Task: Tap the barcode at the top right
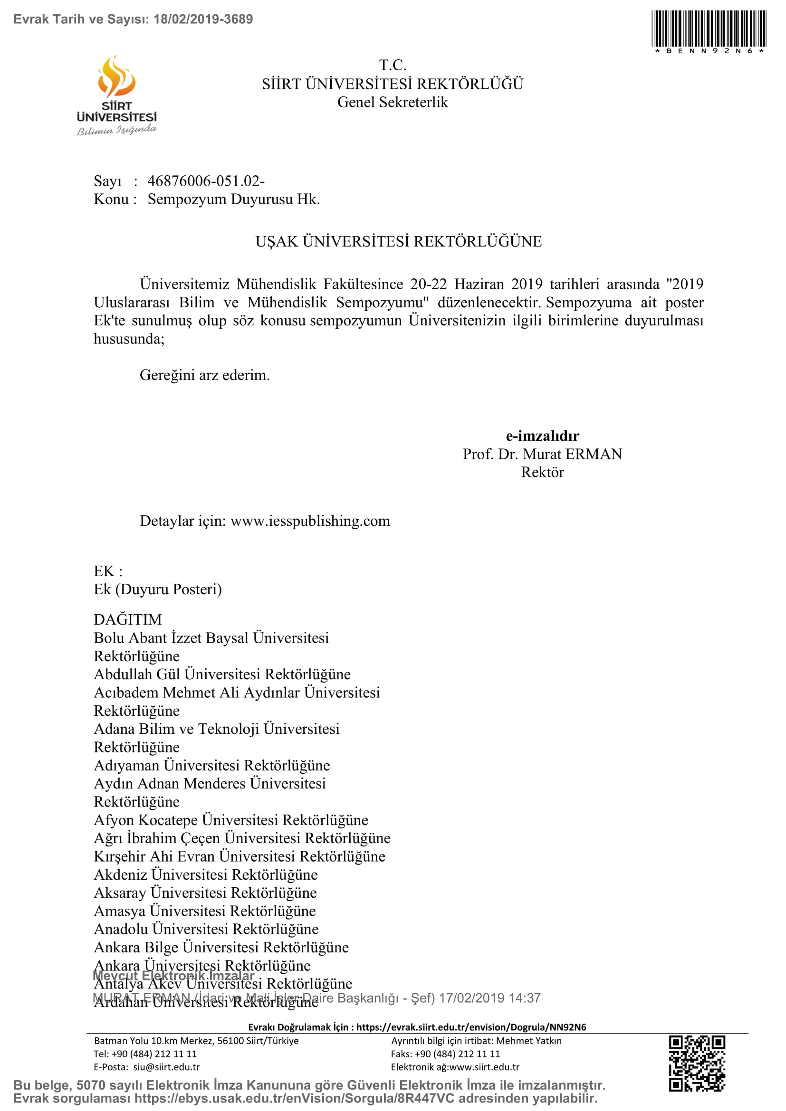click(x=709, y=29)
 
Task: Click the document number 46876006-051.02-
click(x=206, y=181)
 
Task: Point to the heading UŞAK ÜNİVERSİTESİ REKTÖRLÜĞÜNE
click(x=398, y=241)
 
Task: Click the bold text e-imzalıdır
click(x=542, y=436)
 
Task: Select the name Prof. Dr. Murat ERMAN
click(x=542, y=454)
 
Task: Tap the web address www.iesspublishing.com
click(x=310, y=521)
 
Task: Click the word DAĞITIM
click(x=128, y=619)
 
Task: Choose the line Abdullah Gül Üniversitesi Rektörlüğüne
click(x=222, y=674)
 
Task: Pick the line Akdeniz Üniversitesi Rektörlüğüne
click(x=206, y=874)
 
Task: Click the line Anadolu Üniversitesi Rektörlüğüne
click(x=206, y=929)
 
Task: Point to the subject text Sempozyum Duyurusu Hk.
click(x=234, y=199)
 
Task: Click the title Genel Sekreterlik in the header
click(x=393, y=103)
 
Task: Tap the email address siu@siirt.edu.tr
click(x=166, y=1067)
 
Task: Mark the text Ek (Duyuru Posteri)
click(x=158, y=589)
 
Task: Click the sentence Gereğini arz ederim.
click(x=205, y=375)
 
